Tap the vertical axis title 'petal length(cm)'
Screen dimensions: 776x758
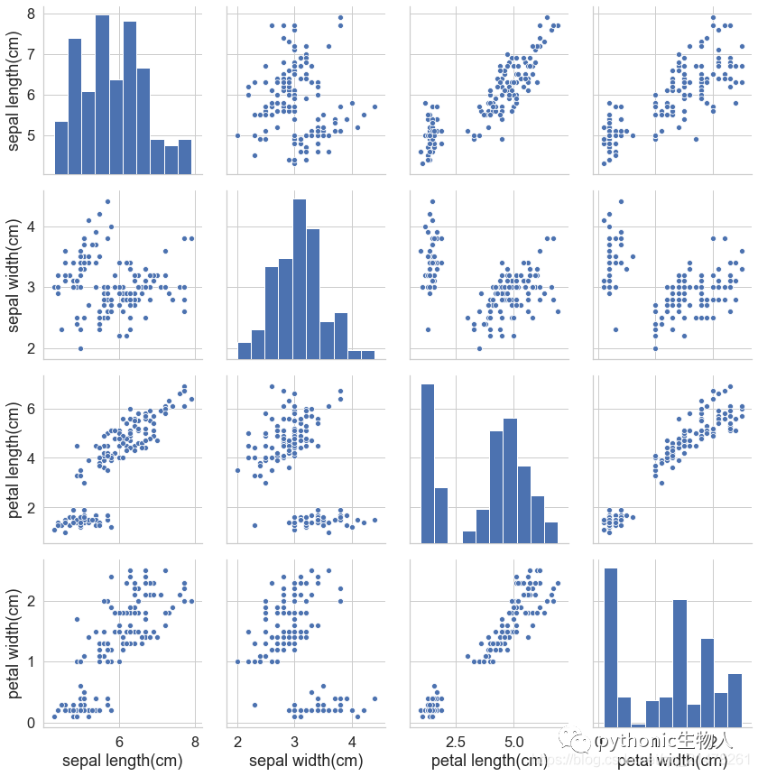16,457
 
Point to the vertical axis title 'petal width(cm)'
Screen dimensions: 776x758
16,640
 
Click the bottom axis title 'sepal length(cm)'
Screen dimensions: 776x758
122,761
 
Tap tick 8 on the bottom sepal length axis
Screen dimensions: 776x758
196,741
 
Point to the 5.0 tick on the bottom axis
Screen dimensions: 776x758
513,741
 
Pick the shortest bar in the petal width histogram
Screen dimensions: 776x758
638,724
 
